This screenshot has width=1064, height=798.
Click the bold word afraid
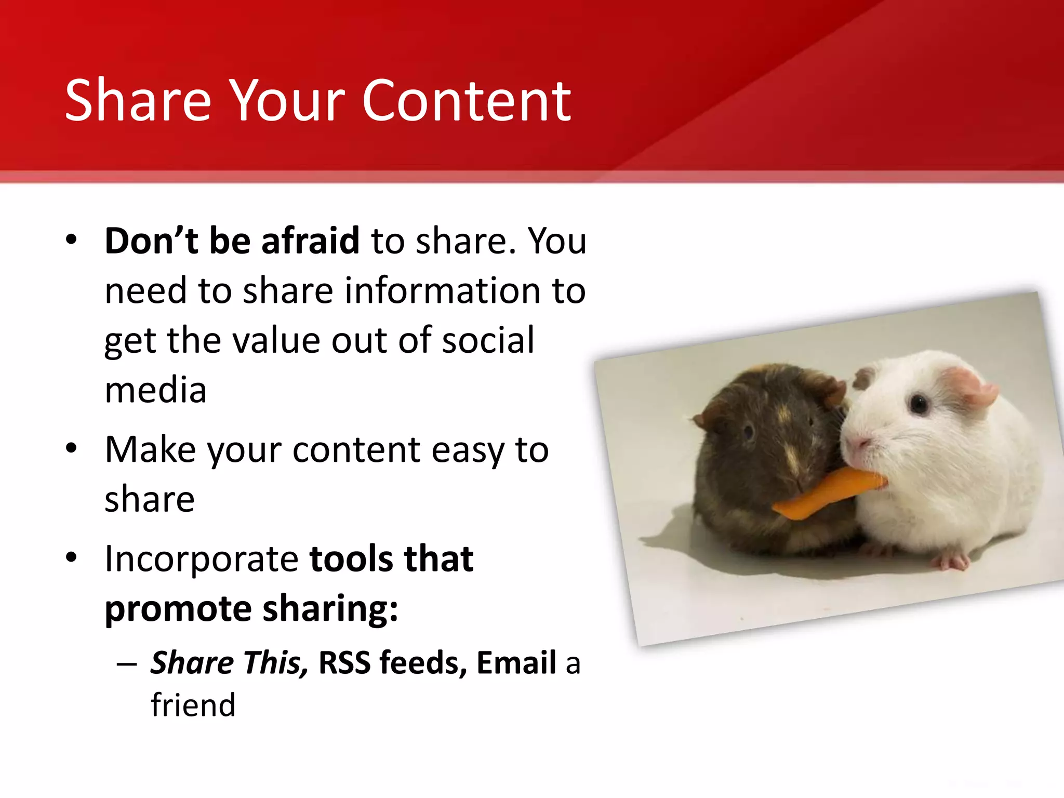310,241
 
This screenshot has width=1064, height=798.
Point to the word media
155,390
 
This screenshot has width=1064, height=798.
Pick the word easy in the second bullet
468,450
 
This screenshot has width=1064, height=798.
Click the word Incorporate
202,559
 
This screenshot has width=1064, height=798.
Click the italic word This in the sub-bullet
273,663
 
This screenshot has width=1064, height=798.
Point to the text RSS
344,663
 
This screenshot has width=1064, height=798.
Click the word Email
516,663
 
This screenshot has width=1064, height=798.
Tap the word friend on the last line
193,706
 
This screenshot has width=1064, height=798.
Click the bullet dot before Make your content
72,448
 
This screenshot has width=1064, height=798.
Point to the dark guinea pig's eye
748,431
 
